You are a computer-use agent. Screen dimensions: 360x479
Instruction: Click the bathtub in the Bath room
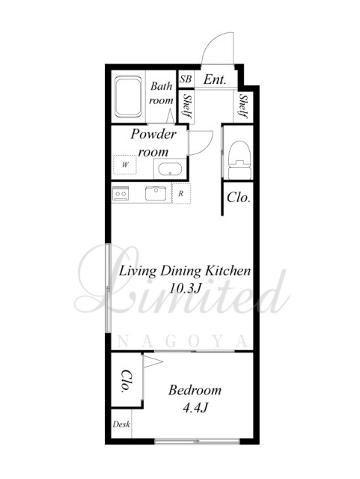[x=128, y=97]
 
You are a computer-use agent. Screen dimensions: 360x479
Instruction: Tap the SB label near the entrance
[x=186, y=79]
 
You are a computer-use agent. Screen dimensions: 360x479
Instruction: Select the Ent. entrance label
[x=215, y=80]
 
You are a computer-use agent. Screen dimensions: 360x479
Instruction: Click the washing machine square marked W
[x=125, y=165]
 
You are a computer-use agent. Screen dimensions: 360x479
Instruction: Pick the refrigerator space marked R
[x=181, y=193]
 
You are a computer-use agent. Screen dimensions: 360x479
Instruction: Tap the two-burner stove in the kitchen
[x=120, y=193]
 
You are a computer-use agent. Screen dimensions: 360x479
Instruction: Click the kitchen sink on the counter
[x=156, y=193]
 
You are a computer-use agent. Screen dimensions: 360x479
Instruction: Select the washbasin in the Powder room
[x=170, y=169]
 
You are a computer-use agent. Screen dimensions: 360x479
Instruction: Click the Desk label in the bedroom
[x=121, y=424]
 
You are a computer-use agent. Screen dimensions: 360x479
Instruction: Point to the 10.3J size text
[x=185, y=288]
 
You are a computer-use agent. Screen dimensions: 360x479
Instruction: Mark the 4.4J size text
[x=195, y=407]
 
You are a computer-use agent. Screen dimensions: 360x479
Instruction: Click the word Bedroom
[x=195, y=390]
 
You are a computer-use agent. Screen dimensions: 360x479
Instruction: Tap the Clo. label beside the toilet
[x=239, y=198]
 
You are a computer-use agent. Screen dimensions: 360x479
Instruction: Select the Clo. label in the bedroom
[x=126, y=381]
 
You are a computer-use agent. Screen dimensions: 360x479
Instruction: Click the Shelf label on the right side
[x=243, y=106]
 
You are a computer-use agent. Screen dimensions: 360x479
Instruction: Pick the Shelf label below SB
[x=186, y=106]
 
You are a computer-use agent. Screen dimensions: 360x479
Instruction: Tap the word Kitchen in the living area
[x=228, y=271]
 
